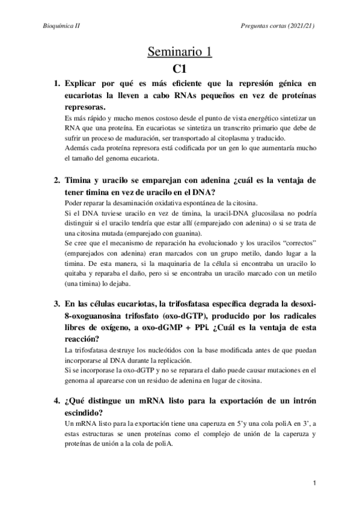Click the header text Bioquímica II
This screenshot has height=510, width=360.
(63, 26)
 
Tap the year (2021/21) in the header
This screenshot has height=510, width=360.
(299, 26)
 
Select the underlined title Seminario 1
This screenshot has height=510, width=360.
(180, 52)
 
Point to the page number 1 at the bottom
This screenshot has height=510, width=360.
(314, 483)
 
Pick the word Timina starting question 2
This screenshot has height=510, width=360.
(78, 180)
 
